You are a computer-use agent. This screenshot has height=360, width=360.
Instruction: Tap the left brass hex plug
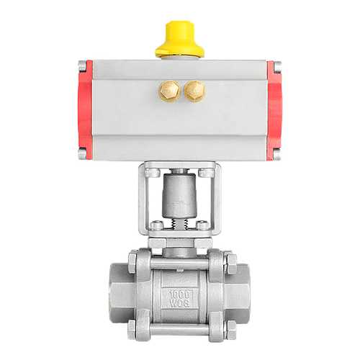pyautogui.click(x=169, y=91)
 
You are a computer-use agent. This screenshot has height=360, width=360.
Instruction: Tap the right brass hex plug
pyautogui.click(x=194, y=91)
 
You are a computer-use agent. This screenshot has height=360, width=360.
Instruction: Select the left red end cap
pyautogui.click(x=85, y=109)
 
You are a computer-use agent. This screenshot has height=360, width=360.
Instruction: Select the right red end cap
pyautogui.click(x=274, y=110)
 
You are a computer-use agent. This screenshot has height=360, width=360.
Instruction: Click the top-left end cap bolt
pyautogui.click(x=82, y=66)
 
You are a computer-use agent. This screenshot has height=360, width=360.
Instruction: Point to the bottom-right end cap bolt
pyautogui.click(x=277, y=154)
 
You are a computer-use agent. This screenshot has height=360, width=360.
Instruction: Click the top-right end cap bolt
pyautogui.click(x=278, y=67)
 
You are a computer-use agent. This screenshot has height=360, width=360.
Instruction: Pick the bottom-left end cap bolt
pyautogui.click(x=82, y=153)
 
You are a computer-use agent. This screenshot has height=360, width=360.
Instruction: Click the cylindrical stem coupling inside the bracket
pyautogui.click(x=180, y=194)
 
